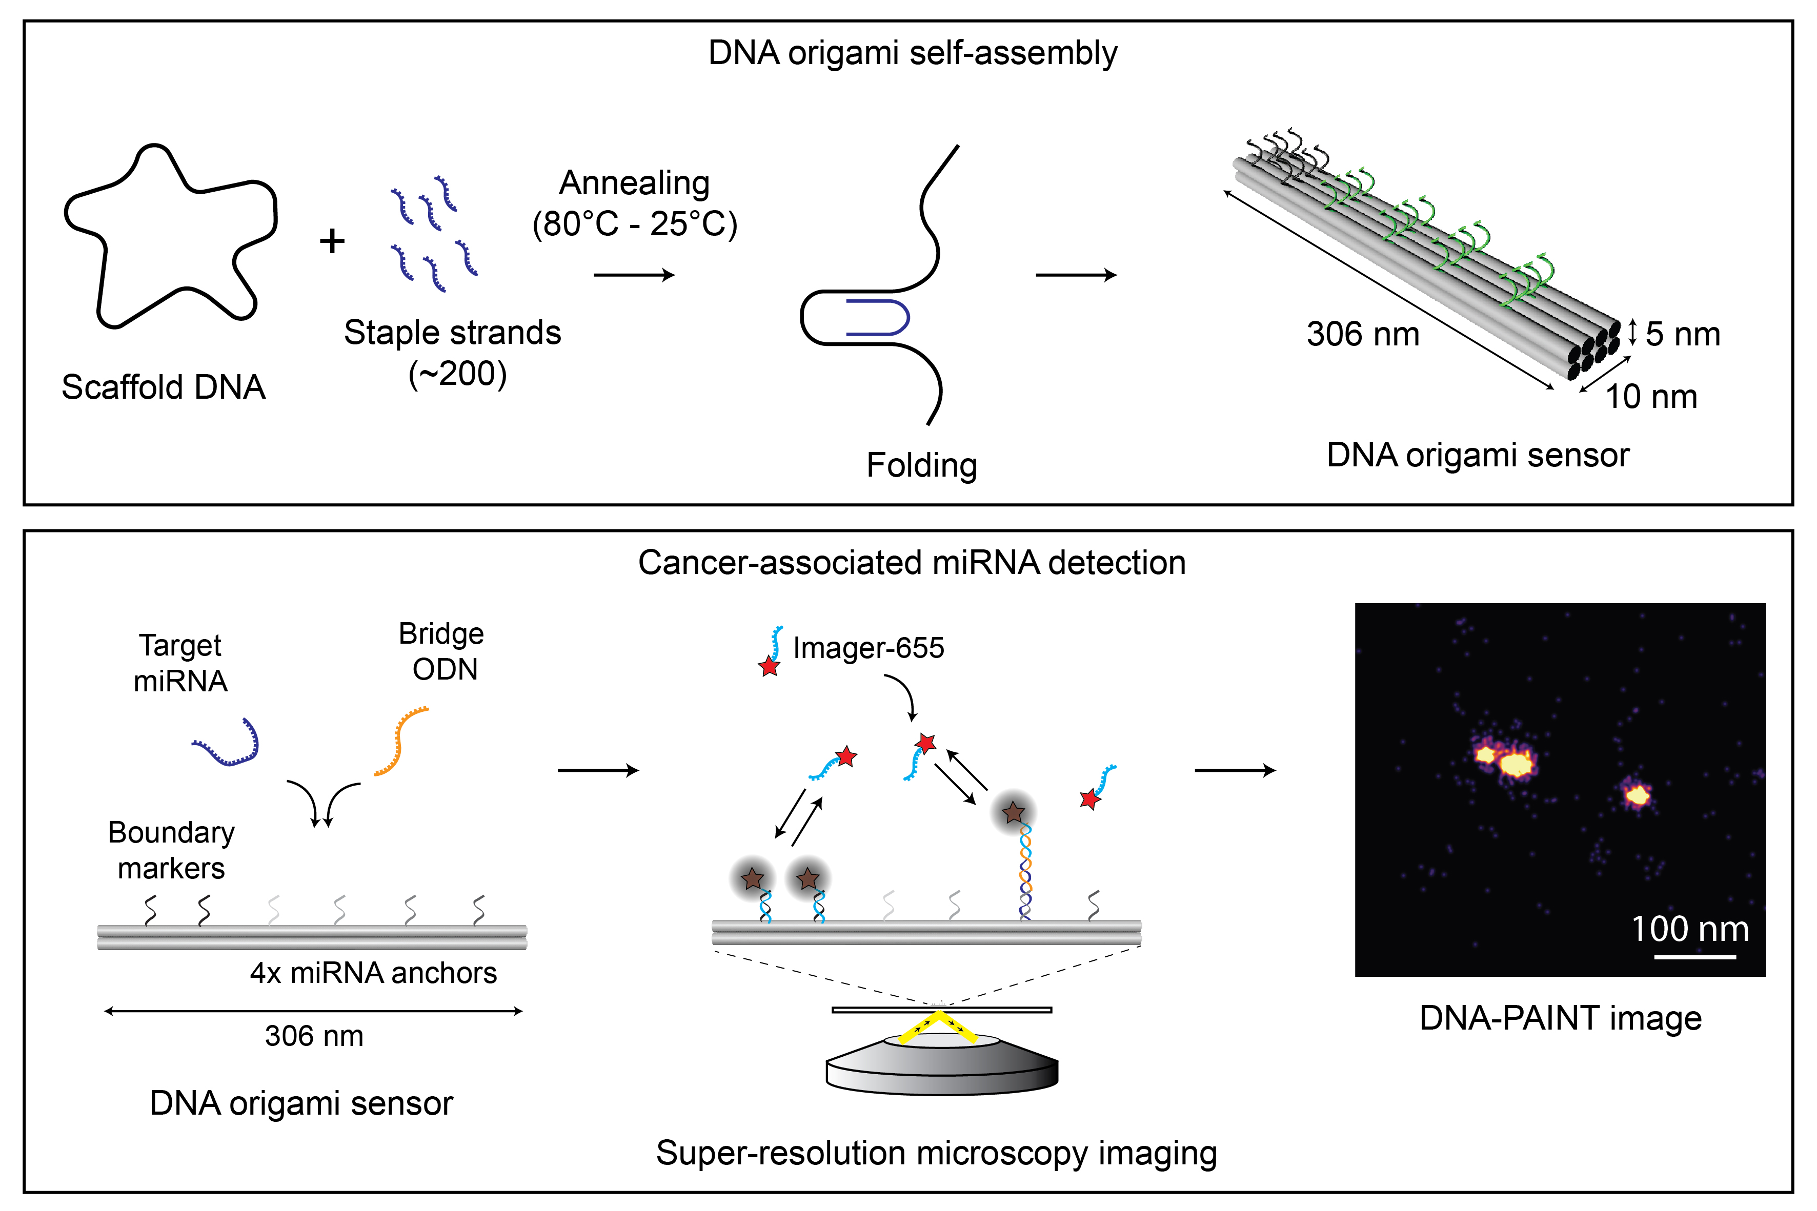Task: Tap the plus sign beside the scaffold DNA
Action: point(332,241)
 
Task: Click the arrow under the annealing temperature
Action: point(634,274)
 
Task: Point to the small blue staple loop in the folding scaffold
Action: point(878,317)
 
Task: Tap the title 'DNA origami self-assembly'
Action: point(913,52)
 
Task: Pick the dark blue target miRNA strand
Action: point(226,742)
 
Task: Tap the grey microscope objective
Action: point(942,1064)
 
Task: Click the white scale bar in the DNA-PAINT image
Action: point(1695,957)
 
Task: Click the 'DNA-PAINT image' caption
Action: point(1561,1018)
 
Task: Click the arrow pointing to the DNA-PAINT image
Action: point(1235,770)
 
